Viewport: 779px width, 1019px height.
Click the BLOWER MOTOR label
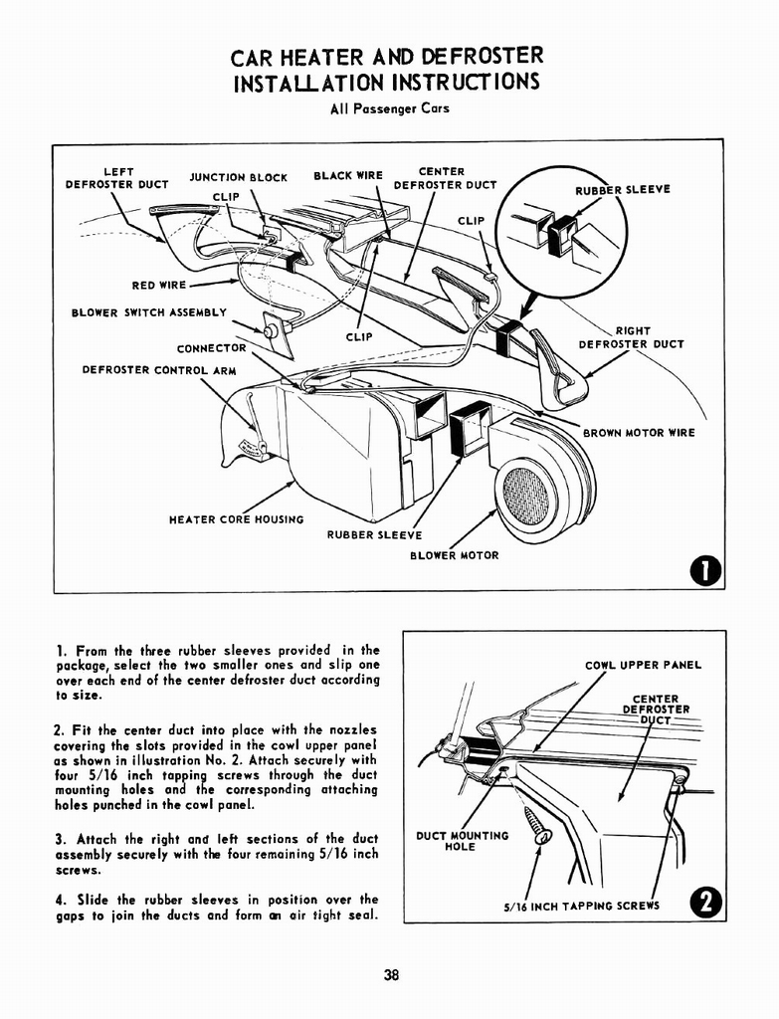[454, 555]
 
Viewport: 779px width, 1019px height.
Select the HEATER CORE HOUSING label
[237, 519]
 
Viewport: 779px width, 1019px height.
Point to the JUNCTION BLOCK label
[238, 178]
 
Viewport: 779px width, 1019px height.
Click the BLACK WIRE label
[348, 176]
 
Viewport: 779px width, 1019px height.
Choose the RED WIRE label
[158, 286]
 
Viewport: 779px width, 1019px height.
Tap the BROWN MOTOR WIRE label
[639, 433]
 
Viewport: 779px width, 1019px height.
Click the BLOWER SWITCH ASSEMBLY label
[149, 312]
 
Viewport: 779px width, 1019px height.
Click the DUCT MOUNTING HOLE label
[462, 841]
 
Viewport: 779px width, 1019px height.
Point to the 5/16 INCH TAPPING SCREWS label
[582, 906]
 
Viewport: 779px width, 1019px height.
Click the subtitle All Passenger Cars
[389, 107]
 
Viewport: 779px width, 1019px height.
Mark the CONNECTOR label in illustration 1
[211, 348]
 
